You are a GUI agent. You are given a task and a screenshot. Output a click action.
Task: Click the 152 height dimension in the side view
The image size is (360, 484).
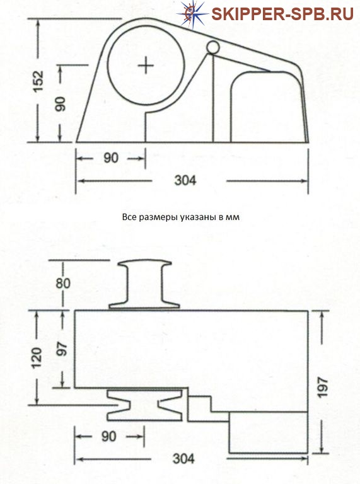click(x=38, y=81)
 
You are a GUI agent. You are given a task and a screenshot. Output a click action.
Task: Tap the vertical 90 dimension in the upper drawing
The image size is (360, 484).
click(x=61, y=104)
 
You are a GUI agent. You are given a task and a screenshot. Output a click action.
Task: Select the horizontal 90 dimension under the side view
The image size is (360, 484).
click(x=111, y=158)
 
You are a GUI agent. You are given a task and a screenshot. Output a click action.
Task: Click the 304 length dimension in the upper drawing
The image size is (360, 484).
click(x=185, y=180)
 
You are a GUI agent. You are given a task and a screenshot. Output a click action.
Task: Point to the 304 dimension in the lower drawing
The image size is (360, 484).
click(x=183, y=459)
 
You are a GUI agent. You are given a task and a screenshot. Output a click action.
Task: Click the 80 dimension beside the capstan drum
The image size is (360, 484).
click(x=63, y=283)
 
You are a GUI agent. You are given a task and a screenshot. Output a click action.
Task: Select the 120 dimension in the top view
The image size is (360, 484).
click(x=37, y=357)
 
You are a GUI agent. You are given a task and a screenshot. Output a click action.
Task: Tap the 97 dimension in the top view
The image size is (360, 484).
click(x=63, y=349)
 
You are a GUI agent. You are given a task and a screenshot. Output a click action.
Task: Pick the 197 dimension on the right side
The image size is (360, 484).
click(x=323, y=387)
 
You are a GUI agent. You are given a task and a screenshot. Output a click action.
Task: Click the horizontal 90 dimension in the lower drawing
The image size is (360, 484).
click(x=108, y=436)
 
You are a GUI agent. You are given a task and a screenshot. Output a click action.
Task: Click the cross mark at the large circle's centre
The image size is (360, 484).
click(x=146, y=66)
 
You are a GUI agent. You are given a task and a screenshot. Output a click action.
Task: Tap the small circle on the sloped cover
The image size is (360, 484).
click(x=213, y=47)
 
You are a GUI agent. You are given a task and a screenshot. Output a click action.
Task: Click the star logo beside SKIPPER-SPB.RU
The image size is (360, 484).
click(x=193, y=14)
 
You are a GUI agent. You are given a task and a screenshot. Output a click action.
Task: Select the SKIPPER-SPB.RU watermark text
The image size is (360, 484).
click(x=282, y=14)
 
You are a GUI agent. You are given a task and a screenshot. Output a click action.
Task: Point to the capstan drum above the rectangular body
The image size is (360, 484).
click(x=144, y=284)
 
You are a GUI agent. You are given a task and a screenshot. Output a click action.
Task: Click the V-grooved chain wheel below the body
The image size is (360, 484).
click(x=144, y=405)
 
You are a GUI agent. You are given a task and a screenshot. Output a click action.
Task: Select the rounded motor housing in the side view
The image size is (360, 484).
click(x=269, y=107)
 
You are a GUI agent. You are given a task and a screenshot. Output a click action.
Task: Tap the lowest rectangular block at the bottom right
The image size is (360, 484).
click(x=269, y=432)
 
